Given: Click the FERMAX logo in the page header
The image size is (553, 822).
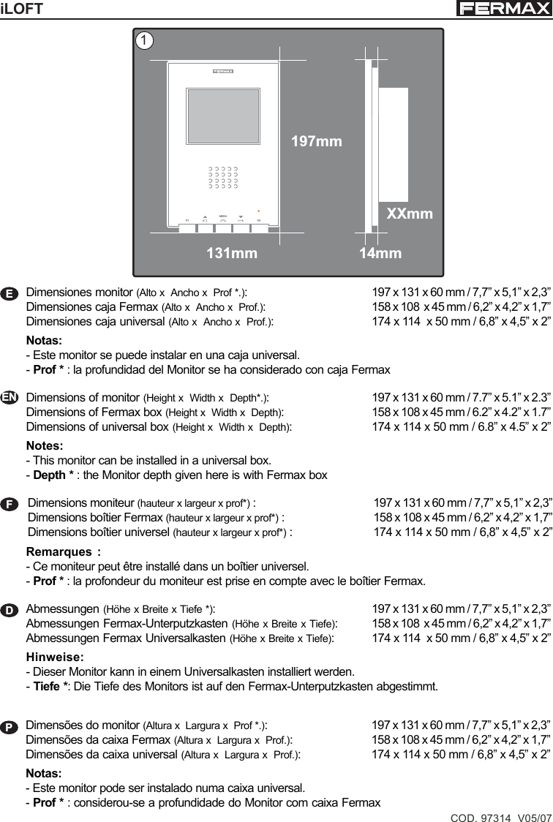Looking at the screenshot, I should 503,9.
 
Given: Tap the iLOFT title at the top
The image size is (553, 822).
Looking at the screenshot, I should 23,9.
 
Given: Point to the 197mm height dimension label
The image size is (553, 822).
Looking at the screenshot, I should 317,141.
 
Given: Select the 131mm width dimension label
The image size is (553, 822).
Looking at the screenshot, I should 232,253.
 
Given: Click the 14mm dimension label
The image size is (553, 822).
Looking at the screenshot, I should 380,253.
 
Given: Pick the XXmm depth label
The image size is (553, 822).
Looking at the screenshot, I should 410,214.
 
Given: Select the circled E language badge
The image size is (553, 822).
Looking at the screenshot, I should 10,293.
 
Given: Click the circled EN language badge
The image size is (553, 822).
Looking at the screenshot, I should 10,397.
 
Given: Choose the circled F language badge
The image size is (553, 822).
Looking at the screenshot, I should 10,504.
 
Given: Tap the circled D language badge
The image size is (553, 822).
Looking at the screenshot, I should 10,609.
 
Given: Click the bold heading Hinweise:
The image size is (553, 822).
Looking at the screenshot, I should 55,657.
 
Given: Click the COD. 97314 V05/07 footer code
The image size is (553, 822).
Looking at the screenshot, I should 501,815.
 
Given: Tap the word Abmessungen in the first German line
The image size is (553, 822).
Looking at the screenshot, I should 63,608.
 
